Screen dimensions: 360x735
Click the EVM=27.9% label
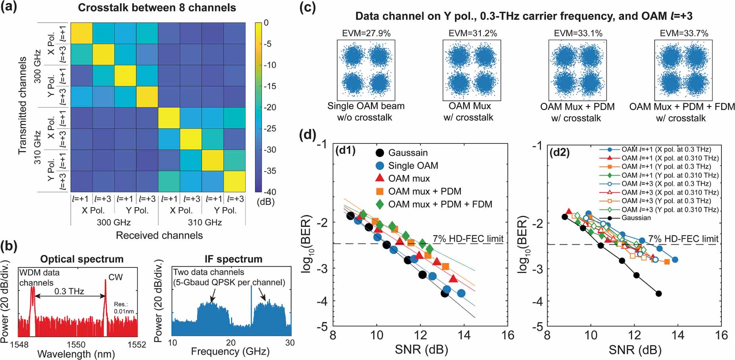pyautogui.click(x=366, y=33)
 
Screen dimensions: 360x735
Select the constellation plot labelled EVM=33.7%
pyautogui.click(x=683, y=70)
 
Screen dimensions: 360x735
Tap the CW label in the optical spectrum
pyautogui.click(x=116, y=277)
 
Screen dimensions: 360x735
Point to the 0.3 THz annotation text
pyautogui.click(x=69, y=291)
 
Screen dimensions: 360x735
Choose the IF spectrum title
pyautogui.click(x=233, y=259)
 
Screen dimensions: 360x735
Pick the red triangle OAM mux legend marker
pyautogui.click(x=380, y=178)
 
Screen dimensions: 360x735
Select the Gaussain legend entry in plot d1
pyautogui.click(x=408, y=153)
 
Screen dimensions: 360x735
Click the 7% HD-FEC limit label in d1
pyautogui.click(x=468, y=238)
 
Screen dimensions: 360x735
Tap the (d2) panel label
pyautogui.click(x=559, y=152)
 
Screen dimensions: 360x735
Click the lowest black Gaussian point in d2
pyautogui.click(x=658, y=294)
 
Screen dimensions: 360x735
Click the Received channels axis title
pyautogui.click(x=159, y=235)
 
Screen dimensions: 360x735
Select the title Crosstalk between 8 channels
pyautogui.click(x=157, y=8)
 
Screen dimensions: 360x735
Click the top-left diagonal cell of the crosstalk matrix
pyautogui.click(x=81, y=33)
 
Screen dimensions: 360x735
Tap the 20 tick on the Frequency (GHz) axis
pyautogui.click(x=231, y=343)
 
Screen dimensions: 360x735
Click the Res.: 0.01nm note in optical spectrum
pyautogui.click(x=123, y=308)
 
